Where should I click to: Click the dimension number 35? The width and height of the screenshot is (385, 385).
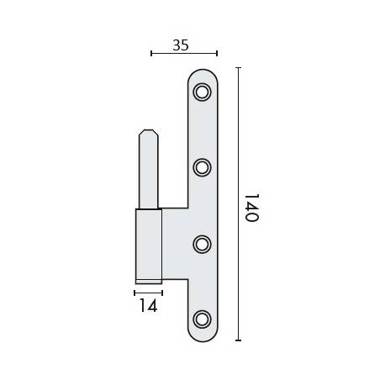point(181,45)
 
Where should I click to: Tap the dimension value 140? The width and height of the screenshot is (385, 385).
point(251,206)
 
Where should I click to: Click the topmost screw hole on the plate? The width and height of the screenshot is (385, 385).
point(202,92)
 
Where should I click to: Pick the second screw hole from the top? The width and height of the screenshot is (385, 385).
point(202,167)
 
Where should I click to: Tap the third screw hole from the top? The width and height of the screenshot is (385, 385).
point(202,243)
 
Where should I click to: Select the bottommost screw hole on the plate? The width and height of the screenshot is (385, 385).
point(202,318)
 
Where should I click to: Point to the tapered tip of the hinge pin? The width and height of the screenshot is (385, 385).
point(147,134)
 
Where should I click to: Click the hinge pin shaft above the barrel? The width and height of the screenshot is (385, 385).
point(147,172)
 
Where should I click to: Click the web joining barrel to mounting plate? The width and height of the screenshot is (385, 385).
point(173,244)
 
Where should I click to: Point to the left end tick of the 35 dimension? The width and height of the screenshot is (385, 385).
point(151,54)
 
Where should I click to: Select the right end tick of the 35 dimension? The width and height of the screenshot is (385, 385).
point(218,54)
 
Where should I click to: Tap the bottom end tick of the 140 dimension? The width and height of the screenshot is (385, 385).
point(238,340)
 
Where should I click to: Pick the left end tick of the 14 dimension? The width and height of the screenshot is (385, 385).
point(134,293)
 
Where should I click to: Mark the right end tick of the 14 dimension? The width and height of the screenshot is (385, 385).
point(162,293)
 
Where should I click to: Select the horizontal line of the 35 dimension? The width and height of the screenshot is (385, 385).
point(185,54)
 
